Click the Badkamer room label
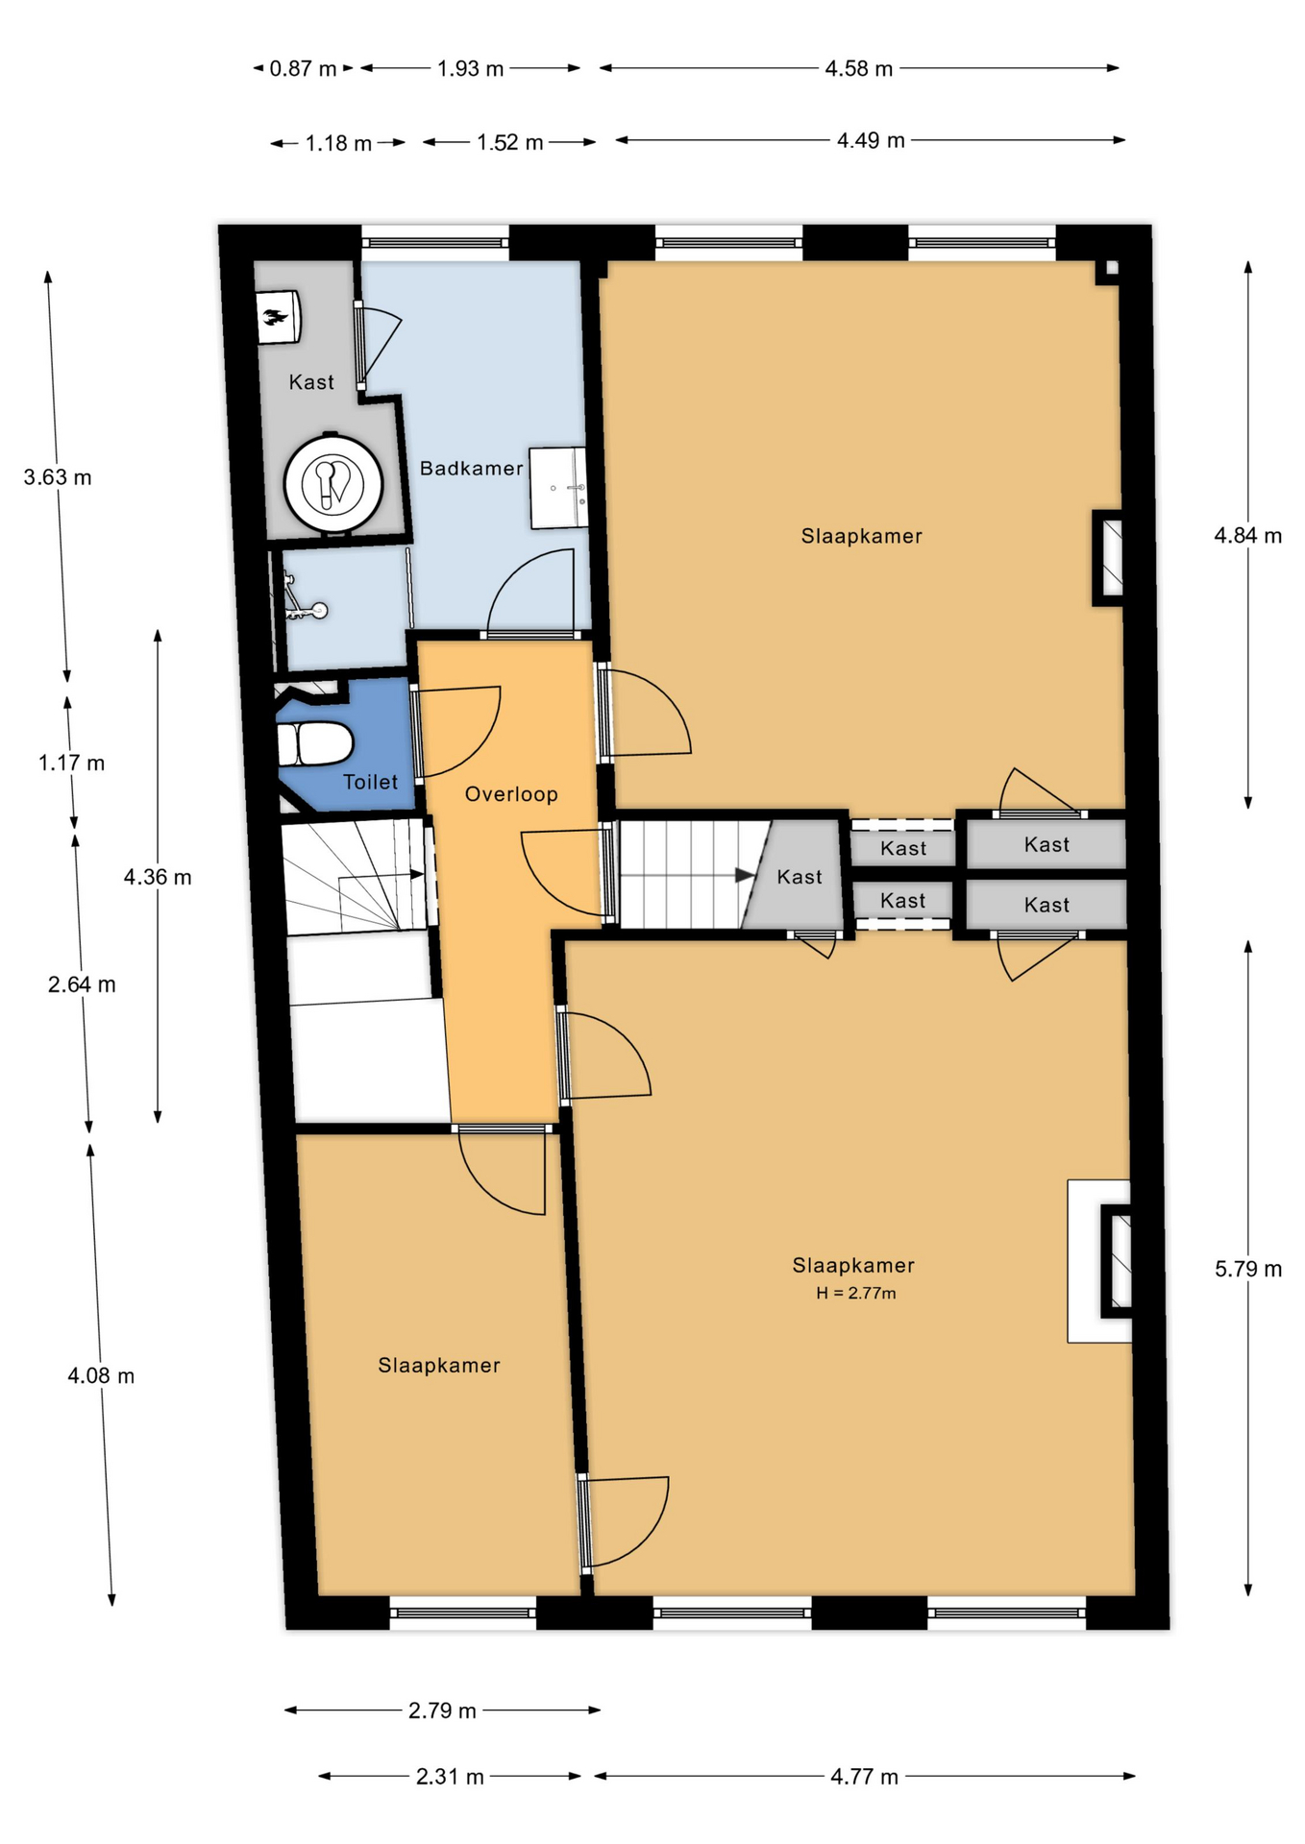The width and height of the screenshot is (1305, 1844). (471, 469)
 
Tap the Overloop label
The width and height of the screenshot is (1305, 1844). (511, 794)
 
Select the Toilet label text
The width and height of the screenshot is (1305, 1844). (370, 782)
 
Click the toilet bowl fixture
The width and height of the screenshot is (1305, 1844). (314, 744)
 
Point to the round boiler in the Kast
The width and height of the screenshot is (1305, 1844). (332, 482)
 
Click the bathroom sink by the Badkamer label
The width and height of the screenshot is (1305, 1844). (558, 487)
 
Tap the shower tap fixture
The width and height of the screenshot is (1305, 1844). (305, 598)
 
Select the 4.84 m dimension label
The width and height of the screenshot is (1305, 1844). (1247, 536)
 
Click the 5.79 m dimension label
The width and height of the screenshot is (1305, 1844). (1247, 1269)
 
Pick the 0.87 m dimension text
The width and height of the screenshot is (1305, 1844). (303, 69)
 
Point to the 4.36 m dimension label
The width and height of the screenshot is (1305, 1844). (158, 877)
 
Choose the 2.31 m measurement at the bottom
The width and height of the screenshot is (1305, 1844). (450, 1777)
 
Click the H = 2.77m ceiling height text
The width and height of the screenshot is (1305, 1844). (856, 1294)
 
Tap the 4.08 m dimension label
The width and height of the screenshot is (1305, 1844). (101, 1376)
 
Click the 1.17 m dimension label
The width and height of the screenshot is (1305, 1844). (72, 764)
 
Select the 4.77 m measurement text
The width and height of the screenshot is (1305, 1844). (864, 1777)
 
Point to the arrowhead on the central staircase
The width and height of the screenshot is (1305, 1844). (745, 875)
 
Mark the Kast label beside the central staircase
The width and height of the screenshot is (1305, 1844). (800, 877)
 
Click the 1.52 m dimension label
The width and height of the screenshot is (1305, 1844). (510, 143)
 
